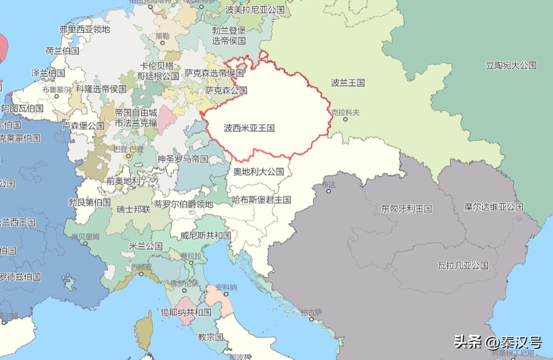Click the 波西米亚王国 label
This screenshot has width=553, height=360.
[249, 128]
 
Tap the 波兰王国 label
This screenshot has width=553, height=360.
[348, 83]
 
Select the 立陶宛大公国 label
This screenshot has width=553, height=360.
[511, 66]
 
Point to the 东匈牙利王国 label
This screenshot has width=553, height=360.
[406, 209]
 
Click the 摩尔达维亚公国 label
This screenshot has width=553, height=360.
[494, 207]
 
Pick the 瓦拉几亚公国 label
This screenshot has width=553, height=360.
[462, 265]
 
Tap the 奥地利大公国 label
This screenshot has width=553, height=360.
[259, 171]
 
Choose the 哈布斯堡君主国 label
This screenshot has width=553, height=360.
[261, 200]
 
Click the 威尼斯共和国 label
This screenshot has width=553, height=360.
[206, 235]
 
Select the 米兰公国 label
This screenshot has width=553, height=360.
[146, 246]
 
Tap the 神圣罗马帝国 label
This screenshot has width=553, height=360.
[182, 159]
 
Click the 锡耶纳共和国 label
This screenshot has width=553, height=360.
[186, 312]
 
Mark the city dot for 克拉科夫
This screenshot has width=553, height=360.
[345, 119]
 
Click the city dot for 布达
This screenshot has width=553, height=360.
[329, 191]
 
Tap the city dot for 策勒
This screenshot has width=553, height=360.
[163, 42]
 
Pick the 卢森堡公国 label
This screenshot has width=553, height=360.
[83, 126]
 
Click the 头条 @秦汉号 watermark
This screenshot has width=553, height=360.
[497, 342]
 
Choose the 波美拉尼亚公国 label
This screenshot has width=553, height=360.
[255, 9]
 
